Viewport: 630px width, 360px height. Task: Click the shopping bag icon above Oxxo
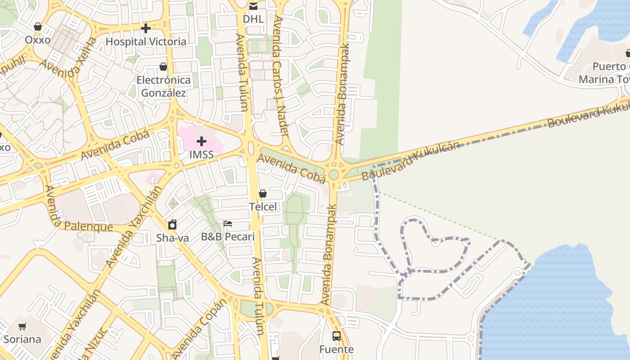[38, 27]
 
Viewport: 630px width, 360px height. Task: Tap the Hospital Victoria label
[146, 41]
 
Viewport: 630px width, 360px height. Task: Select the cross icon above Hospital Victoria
[145, 29]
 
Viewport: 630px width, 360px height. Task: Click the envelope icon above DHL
[253, 6]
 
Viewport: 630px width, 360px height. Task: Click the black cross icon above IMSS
[202, 142]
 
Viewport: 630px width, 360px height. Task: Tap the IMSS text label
[201, 155]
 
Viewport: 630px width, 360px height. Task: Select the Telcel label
[263, 207]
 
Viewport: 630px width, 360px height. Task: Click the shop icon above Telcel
[263, 193]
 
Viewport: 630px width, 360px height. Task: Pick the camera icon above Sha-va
[172, 224]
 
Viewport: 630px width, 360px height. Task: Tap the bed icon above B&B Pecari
[228, 223]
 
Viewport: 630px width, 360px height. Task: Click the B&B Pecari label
[228, 237]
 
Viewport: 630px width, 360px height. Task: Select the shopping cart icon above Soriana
[22, 326]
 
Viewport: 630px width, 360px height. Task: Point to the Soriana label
[22, 339]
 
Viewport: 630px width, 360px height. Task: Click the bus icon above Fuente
[336, 336]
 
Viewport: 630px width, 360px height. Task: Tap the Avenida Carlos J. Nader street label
[280, 76]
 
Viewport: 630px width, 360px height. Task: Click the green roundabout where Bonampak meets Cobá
[333, 174]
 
